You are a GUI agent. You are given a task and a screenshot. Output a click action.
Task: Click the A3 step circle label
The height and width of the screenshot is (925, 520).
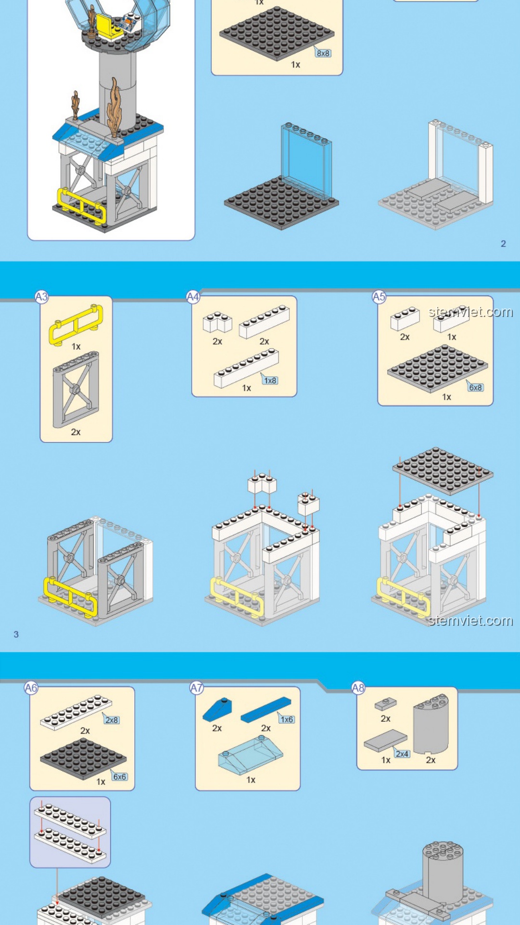coord(42,297)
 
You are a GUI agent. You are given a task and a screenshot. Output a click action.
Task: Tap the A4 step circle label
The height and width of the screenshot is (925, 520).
coord(193,297)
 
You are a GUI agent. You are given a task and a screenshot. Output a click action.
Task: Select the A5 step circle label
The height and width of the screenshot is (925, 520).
coord(379,297)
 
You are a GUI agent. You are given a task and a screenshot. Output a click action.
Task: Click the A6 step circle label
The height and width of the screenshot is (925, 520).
coord(31,688)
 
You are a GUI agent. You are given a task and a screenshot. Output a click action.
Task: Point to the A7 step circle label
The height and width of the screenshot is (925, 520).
coord(196,688)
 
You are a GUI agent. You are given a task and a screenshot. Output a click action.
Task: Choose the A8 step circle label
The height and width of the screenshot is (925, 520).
coord(358,688)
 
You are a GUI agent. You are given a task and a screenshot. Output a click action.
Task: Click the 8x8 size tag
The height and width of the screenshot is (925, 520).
coord(323,53)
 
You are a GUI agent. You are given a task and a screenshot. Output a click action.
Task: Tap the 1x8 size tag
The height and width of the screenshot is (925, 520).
coord(270,380)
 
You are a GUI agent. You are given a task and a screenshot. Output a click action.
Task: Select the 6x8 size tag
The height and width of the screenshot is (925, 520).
coord(476,387)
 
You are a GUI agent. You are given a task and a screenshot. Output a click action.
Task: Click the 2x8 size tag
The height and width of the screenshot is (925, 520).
coord(112,720)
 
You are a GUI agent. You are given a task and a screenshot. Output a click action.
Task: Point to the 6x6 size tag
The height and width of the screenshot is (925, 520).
coord(119,777)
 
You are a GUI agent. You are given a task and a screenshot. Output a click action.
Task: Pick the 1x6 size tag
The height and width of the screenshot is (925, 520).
coord(286,719)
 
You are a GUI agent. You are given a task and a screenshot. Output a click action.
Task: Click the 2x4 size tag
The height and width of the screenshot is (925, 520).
coord(402,753)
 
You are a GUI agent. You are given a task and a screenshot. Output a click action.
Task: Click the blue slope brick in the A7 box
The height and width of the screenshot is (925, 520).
coord(217,709)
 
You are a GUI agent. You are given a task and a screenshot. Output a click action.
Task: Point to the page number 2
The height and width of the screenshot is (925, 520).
coord(503,244)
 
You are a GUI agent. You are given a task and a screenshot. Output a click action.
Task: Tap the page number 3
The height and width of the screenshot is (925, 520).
coord(16,634)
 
